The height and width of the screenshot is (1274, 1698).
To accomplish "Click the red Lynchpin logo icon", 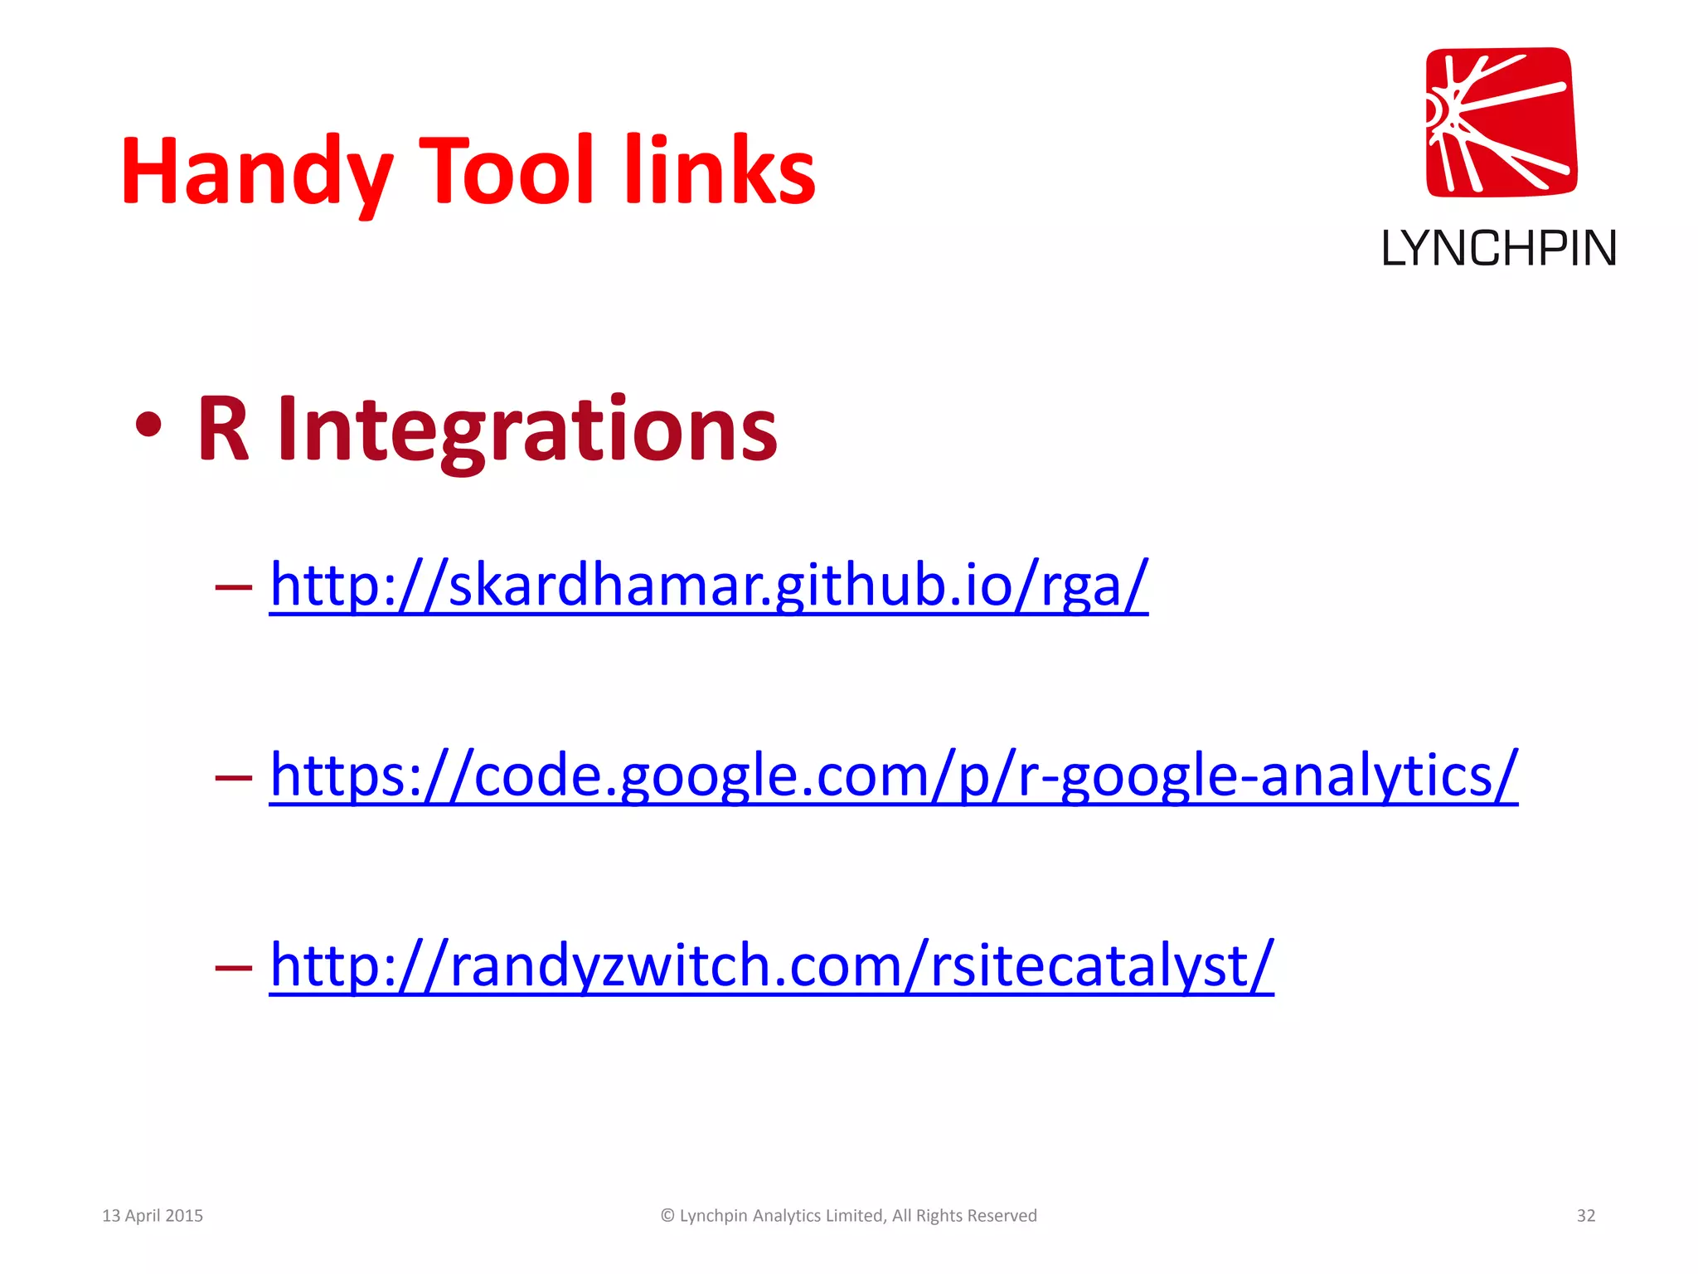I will point(1501,122).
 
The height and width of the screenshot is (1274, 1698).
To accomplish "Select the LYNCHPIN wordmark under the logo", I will point(1498,249).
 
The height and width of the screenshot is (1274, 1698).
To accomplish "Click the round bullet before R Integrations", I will point(148,426).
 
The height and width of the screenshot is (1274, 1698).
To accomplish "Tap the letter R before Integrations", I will point(223,429).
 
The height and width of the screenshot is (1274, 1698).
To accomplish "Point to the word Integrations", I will point(527,429).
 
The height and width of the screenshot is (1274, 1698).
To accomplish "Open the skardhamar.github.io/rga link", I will point(709,585).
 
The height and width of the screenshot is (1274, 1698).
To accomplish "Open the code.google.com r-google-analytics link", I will point(893,775).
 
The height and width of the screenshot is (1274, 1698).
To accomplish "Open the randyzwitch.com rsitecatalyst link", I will point(771,965).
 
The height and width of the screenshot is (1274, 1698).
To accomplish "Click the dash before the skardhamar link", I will point(233,587).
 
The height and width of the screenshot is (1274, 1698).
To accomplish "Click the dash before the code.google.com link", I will point(233,777).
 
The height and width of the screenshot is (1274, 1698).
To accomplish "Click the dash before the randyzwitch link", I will point(233,967).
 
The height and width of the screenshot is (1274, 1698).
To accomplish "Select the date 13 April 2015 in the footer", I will point(153,1215).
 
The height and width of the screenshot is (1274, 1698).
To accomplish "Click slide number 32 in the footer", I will point(1585,1215).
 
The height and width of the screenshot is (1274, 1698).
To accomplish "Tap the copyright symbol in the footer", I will point(667,1215).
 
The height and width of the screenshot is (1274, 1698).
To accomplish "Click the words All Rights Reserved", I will point(964,1215).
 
